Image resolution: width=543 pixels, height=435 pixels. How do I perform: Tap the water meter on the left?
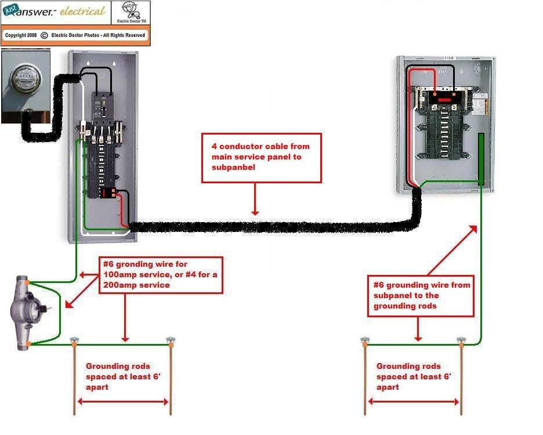point(25,314)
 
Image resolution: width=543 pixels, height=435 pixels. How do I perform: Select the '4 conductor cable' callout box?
point(261,158)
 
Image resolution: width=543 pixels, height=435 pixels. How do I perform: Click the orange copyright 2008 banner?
point(75,35)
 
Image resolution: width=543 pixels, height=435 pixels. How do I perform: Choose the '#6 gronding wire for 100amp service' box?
point(160,275)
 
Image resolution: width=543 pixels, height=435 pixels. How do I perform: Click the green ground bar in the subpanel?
point(481,159)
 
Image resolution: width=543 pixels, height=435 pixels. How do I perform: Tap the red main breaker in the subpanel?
point(444,100)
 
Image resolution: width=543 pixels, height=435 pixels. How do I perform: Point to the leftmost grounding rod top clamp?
point(74,340)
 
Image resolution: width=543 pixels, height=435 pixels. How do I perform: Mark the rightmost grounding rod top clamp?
point(461,340)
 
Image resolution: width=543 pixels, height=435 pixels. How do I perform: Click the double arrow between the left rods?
point(122,402)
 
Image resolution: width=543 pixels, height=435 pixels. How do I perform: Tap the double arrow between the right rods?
point(413,402)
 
